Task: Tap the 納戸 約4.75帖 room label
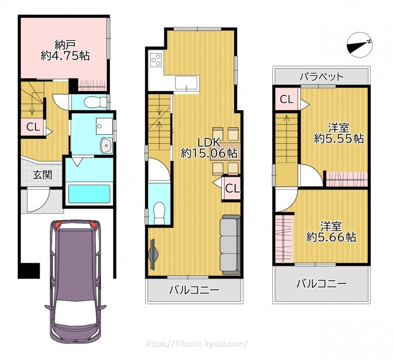(65, 50)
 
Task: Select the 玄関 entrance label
(42, 175)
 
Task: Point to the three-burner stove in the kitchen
(156, 60)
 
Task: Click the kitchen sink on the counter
(186, 82)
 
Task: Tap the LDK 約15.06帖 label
(209, 148)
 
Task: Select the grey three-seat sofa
(230, 245)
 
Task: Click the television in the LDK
(153, 254)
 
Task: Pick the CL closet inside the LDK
(231, 189)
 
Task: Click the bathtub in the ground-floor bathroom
(89, 194)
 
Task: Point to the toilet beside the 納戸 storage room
(96, 102)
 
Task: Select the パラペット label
(322, 76)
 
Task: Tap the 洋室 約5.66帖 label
(331, 231)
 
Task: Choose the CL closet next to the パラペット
(287, 99)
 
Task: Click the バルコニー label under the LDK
(194, 291)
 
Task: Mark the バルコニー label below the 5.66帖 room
(322, 284)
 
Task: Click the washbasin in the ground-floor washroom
(106, 146)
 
